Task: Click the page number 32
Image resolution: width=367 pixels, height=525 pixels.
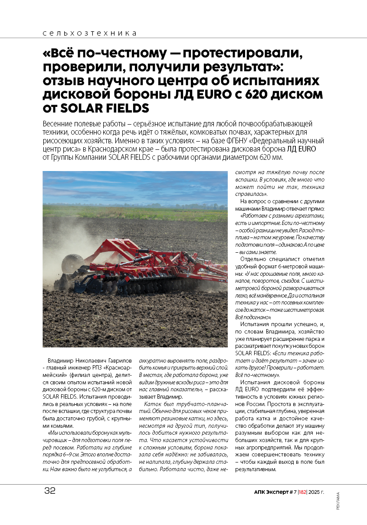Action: (49, 491)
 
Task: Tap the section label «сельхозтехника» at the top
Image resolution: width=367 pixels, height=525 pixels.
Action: (90, 33)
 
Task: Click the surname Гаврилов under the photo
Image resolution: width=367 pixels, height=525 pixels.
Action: (117, 361)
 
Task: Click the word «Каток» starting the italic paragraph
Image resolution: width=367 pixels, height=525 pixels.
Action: (152, 404)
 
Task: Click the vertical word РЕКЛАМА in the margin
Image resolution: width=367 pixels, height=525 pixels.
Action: (338, 501)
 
